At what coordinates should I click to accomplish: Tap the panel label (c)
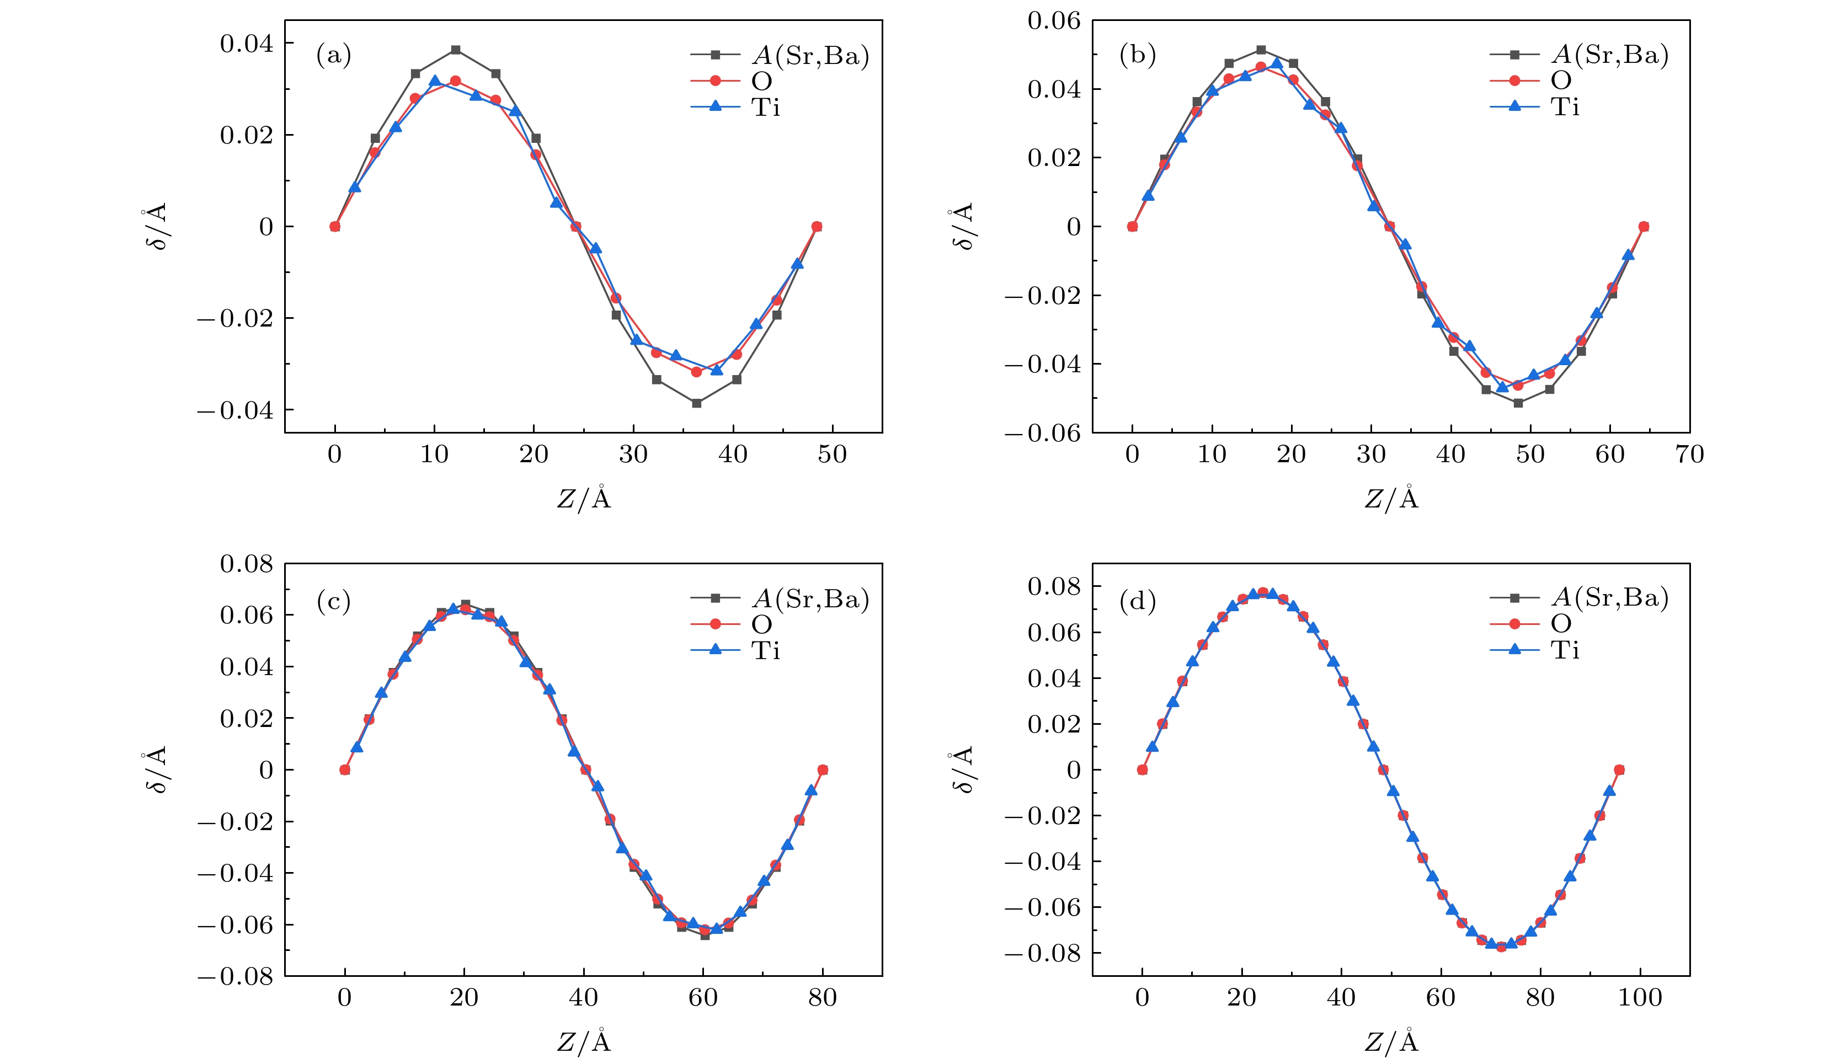point(333,601)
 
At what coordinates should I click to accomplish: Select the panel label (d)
point(1137,601)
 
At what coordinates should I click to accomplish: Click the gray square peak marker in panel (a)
point(455,50)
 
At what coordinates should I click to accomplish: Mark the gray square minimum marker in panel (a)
point(696,403)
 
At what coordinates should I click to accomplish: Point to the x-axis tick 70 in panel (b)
point(1689,455)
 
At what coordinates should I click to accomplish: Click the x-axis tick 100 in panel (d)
point(1640,997)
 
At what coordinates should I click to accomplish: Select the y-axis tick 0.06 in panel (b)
point(1053,21)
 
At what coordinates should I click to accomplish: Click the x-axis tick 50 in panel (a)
point(831,455)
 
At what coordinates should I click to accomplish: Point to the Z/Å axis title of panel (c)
point(583,1041)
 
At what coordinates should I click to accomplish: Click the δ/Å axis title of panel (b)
point(963,227)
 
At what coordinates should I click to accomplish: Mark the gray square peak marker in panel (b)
point(1261,50)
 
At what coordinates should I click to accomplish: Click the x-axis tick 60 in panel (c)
point(703,997)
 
